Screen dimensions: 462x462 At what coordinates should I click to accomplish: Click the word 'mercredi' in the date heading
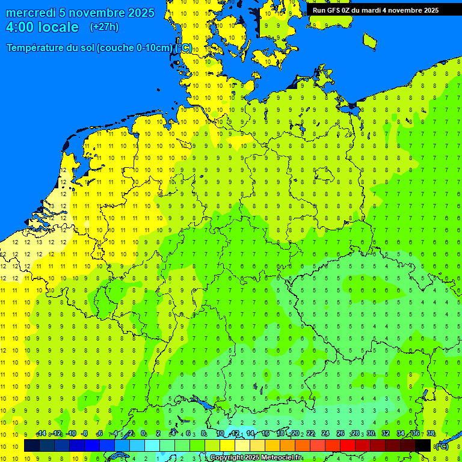pyautogui.click(x=31, y=13)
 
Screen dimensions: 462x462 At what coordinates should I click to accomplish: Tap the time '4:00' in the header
pyautogui.click(x=20, y=27)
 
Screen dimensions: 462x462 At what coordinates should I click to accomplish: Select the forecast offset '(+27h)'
pyautogui.click(x=104, y=27)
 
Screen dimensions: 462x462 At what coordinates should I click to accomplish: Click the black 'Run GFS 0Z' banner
pyautogui.click(x=375, y=10)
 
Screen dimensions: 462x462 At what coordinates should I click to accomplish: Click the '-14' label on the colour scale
pyautogui.click(x=41, y=434)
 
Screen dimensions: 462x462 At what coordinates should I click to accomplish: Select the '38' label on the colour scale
pyautogui.click(x=431, y=434)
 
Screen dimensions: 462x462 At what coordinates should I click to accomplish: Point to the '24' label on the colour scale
pyautogui.click(x=325, y=434)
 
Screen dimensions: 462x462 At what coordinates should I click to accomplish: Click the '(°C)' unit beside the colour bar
pyautogui.click(x=442, y=446)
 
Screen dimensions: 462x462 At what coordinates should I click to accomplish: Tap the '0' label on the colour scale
pyautogui.click(x=143, y=434)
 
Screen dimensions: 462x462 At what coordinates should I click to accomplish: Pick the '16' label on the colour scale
pyautogui.click(x=265, y=434)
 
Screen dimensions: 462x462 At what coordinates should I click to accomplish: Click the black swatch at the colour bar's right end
pyautogui.click(x=423, y=446)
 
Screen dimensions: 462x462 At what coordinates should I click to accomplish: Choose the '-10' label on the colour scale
pyautogui.click(x=71, y=434)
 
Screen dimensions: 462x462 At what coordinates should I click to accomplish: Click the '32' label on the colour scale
pyautogui.click(x=386, y=434)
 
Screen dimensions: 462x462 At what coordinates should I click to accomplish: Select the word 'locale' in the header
pyautogui.click(x=58, y=27)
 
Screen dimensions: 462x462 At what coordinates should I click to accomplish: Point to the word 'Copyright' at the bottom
pyautogui.click(x=227, y=458)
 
